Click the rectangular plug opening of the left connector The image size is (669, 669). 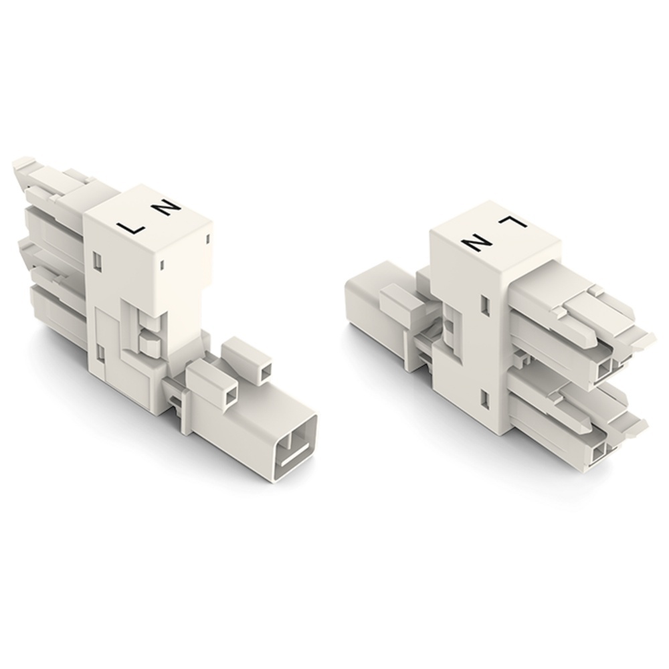pos(296,447)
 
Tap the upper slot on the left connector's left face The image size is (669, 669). pos(98,259)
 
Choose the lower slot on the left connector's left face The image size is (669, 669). pos(99,351)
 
